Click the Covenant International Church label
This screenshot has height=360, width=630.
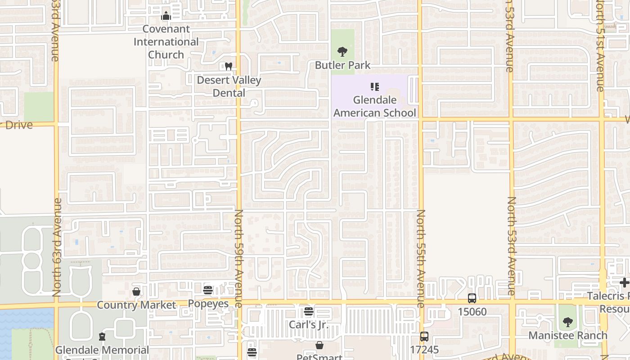pos(166,42)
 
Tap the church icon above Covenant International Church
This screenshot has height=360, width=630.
pos(166,16)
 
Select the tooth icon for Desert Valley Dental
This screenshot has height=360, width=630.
pos(229,67)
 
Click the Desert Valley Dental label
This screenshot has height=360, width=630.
pos(229,86)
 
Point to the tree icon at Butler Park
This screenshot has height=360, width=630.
pos(342,52)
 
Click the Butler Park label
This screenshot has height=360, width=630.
pos(342,65)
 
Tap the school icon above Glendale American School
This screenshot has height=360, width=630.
pos(375,86)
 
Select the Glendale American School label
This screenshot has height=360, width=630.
pos(375,106)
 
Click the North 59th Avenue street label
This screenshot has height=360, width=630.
pos(239,258)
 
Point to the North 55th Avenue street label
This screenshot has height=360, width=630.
pos(421,258)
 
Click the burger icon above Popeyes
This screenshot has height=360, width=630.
pos(208,290)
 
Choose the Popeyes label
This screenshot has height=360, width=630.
pos(208,303)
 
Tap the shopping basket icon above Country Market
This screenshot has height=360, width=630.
pos(136,292)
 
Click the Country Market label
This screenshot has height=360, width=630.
pos(136,305)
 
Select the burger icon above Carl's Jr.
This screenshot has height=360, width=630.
pos(308,311)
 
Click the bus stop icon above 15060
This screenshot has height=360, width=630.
pos(472,298)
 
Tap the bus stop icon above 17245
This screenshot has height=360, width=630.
pos(424,336)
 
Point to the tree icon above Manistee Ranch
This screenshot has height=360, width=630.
pos(568,322)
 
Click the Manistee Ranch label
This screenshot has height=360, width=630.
pos(568,336)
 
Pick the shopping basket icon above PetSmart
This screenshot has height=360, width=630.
pos(319,346)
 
